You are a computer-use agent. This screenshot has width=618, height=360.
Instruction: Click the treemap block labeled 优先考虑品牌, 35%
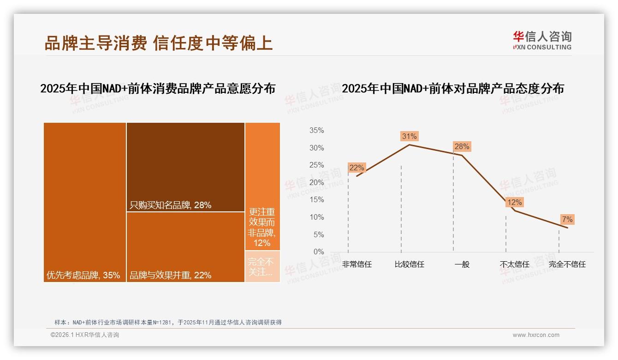85,202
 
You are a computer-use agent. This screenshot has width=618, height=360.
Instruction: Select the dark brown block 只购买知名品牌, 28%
185,167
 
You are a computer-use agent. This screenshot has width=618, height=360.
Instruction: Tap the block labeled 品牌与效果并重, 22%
185,247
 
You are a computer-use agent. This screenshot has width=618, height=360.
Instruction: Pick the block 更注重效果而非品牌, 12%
262,186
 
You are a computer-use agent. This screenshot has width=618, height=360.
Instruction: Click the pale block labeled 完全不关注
262,266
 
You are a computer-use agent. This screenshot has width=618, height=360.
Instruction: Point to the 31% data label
409,136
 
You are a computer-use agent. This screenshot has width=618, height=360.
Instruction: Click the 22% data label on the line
357,168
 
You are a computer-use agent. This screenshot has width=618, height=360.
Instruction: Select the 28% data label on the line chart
462,147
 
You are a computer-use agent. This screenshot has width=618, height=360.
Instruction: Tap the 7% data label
567,219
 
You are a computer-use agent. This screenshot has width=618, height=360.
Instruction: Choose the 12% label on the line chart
514,202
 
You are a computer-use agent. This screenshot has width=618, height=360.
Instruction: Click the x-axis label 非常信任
357,264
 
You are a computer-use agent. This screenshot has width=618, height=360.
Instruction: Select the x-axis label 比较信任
410,264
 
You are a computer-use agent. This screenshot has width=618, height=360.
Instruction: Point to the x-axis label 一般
462,264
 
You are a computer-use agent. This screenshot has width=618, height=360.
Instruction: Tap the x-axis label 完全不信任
567,264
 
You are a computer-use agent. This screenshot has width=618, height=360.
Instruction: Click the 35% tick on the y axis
316,131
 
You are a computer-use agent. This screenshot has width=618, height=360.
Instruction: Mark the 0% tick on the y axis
319,252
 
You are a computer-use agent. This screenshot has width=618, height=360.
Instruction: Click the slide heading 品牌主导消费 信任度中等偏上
159,43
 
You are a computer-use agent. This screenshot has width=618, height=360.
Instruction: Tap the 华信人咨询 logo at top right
542,40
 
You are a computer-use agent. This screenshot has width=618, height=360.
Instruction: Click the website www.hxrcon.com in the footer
536,335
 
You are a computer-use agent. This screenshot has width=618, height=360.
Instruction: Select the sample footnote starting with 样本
168,323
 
